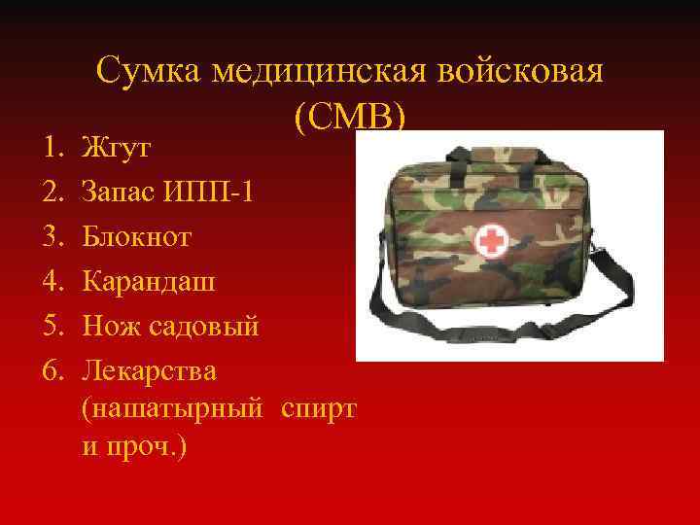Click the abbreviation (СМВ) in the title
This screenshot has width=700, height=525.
(350, 118)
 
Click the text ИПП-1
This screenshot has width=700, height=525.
(217, 192)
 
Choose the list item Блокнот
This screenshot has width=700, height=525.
(137, 236)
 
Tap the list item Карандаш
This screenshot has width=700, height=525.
(150, 282)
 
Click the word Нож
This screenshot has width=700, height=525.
(111, 326)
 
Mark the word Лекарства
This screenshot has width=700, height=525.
(150, 370)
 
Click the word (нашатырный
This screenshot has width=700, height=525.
(173, 410)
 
